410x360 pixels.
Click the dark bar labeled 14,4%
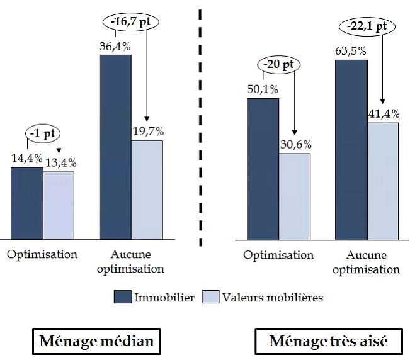27,203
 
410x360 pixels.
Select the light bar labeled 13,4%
59,205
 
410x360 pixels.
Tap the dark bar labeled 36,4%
115,147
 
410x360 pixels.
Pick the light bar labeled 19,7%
147,189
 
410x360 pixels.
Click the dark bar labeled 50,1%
263,168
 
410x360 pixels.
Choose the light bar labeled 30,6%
294,196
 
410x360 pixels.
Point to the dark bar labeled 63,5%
351,149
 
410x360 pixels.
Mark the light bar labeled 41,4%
383,181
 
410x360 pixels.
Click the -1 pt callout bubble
43,133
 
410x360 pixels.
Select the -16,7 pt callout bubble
131,21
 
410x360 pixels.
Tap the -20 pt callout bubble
278,64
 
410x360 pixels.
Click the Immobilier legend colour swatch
123,297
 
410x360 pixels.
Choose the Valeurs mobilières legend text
273,297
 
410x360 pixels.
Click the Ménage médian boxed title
96,342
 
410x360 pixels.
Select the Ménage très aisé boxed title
328,342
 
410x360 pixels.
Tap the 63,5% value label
351,51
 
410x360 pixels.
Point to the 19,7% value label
147,132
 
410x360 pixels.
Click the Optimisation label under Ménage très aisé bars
278,255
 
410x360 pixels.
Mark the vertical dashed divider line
201,126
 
